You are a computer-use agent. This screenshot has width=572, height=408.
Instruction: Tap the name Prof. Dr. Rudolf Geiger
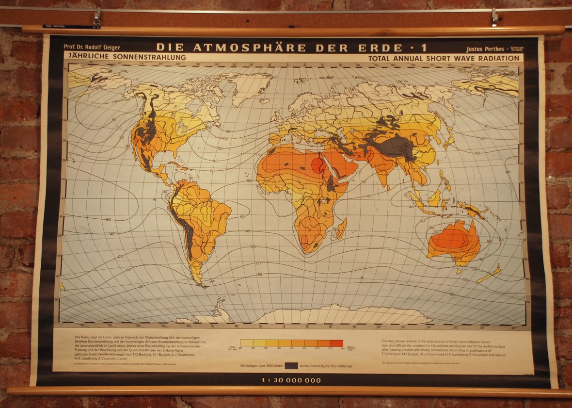(92, 48)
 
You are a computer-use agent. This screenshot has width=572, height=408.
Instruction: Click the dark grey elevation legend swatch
(291, 365)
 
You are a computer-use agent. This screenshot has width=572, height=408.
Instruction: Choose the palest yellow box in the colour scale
(246, 343)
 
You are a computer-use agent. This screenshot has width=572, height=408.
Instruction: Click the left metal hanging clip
(97, 18)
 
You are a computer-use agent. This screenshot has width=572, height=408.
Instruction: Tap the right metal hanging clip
(494, 17)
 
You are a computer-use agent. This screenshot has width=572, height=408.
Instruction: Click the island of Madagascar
(341, 228)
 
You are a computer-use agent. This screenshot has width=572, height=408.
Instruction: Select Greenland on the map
(250, 87)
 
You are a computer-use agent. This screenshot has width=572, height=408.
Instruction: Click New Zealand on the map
(490, 274)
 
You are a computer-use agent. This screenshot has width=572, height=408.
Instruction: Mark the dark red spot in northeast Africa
(318, 165)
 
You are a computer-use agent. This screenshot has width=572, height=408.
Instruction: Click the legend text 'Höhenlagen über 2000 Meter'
(262, 366)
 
